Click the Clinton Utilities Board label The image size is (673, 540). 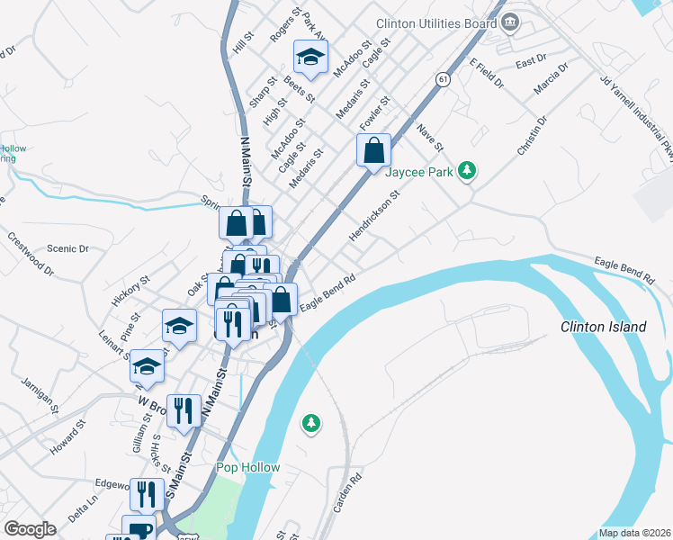click(437, 23)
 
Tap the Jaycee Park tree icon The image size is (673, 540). click(466, 170)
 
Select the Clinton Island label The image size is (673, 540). click(603, 327)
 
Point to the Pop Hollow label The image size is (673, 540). click(248, 467)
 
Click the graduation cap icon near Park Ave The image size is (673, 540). click(310, 57)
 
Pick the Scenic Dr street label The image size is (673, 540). click(68, 248)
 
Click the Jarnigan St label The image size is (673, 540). click(40, 396)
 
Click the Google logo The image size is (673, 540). click(30, 529)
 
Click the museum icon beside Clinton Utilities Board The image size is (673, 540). click(511, 22)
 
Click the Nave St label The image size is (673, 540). click(431, 136)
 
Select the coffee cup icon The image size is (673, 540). click(140, 530)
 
